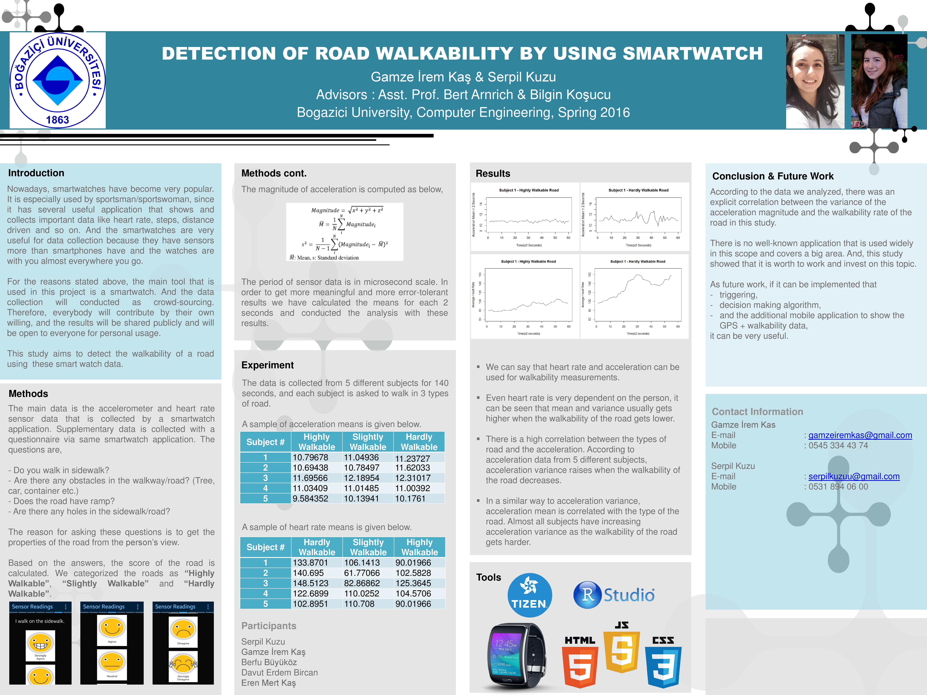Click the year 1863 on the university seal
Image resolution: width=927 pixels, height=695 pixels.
pyautogui.click(x=57, y=120)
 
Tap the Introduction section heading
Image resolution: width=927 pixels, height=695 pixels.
pyautogui.click(x=36, y=173)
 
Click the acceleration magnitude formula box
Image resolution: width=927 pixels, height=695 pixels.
pyautogui.click(x=345, y=232)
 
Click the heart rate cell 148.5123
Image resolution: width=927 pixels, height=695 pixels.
pyautogui.click(x=311, y=583)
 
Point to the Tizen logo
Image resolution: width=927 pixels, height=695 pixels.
pyautogui.click(x=529, y=595)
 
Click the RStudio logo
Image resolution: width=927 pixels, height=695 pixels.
pyautogui.click(x=614, y=595)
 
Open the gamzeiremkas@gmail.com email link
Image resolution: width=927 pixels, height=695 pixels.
pyautogui.click(x=860, y=435)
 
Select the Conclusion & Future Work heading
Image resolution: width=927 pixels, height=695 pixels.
pyautogui.click(x=773, y=176)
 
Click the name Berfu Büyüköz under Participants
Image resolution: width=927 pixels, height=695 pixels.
pyautogui.click(x=269, y=662)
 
